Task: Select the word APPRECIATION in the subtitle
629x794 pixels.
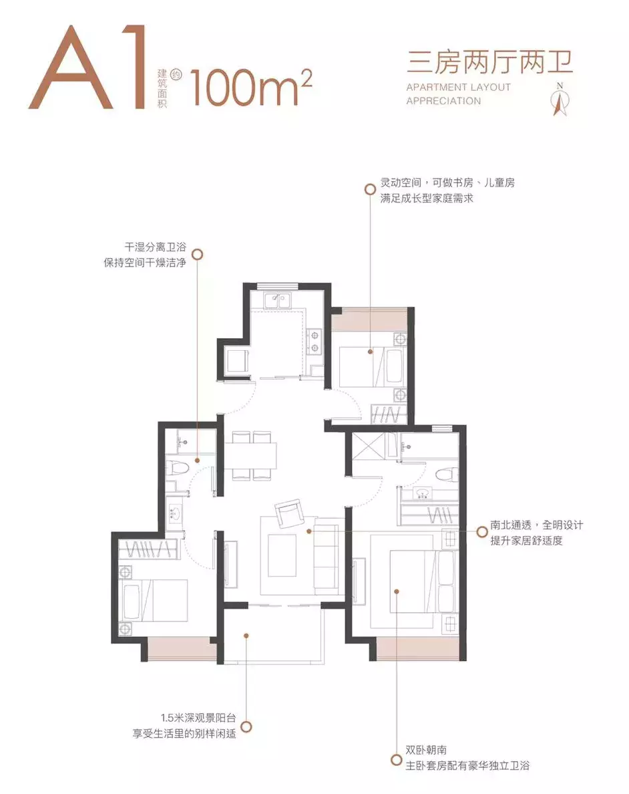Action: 443,101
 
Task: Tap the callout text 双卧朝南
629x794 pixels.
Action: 428,751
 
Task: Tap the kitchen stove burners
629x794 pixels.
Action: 314,340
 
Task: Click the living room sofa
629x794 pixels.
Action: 327,554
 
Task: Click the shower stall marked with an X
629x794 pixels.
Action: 368,445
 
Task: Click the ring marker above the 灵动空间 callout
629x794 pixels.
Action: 369,189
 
